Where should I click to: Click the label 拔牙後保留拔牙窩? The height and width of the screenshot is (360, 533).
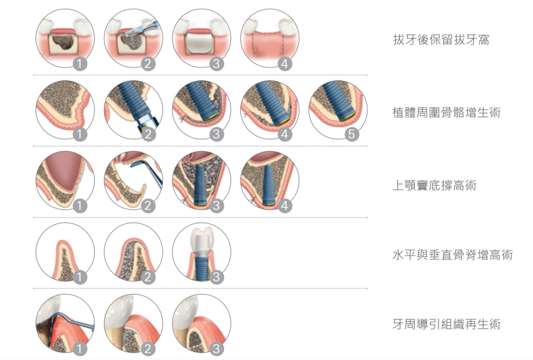click(x=441, y=40)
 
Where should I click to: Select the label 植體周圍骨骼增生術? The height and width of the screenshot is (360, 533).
click(x=446, y=112)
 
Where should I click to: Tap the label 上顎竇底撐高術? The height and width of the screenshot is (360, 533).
click(x=434, y=185)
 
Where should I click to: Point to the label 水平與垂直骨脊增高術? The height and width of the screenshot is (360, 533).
click(x=453, y=255)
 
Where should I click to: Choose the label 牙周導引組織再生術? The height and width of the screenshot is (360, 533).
click(x=446, y=324)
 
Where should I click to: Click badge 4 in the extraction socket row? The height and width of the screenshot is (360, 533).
click(x=284, y=64)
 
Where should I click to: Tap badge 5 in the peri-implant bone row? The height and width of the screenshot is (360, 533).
click(x=352, y=134)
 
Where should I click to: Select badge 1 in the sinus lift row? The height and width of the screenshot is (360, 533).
click(x=80, y=206)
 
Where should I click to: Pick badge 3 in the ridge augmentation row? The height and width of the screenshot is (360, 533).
click(x=217, y=277)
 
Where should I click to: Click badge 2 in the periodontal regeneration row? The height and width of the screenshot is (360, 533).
click(x=147, y=349)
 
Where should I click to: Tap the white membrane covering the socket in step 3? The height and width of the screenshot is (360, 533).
click(x=201, y=43)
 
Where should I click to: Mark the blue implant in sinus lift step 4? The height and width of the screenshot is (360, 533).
click(x=269, y=185)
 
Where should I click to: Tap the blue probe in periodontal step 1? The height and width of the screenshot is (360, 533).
click(x=68, y=323)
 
